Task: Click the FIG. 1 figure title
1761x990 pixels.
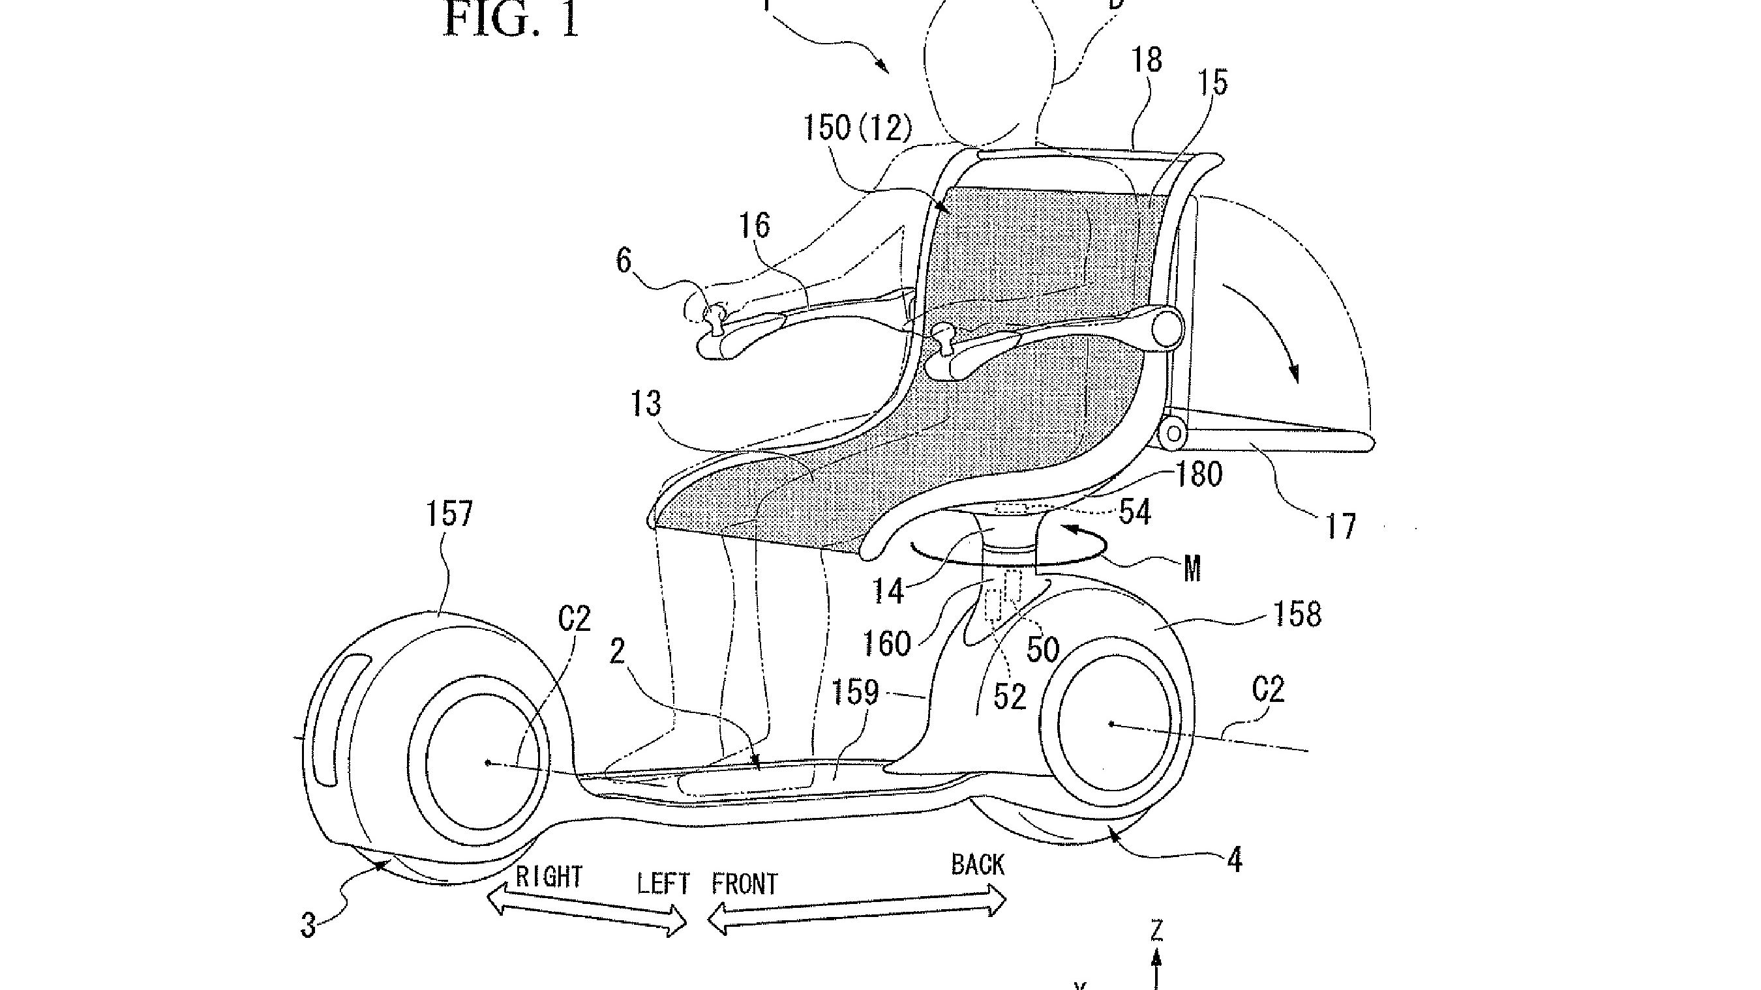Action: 511,19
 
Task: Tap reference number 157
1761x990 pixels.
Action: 449,514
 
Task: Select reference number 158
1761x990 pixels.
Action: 1297,614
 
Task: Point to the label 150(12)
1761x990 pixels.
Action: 857,128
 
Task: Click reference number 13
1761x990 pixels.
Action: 645,404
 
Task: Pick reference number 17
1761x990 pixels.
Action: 1340,527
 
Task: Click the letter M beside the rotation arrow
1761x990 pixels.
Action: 1192,569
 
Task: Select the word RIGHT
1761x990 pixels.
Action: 549,877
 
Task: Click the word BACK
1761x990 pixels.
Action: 978,865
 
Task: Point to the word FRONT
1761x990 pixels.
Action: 744,884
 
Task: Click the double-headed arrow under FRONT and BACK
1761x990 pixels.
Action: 856,909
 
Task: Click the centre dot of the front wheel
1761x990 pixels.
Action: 487,762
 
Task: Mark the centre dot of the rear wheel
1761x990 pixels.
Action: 1112,724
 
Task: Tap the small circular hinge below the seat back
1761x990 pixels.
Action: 1173,434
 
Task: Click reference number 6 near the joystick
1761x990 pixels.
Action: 624,260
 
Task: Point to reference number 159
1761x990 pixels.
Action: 854,693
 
